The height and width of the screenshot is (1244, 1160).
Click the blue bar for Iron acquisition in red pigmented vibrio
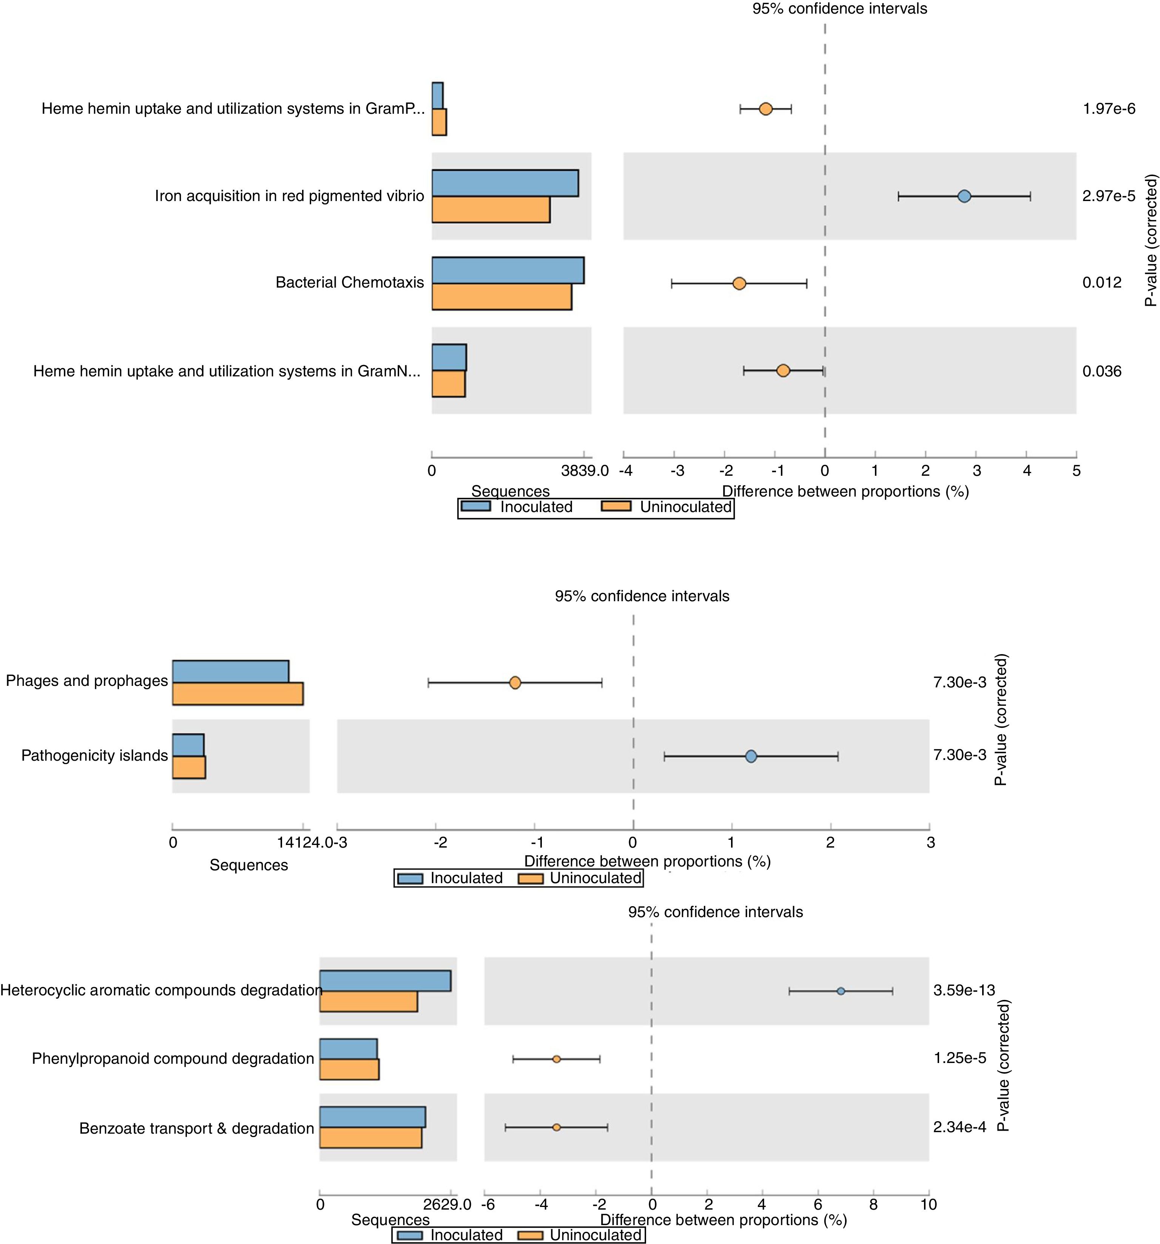(504, 183)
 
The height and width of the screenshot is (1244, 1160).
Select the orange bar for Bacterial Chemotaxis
(501, 297)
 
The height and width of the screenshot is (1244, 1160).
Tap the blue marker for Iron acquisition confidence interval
(964, 197)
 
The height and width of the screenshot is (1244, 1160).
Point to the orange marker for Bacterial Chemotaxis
(739, 283)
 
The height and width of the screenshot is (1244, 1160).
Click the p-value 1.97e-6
(1109, 109)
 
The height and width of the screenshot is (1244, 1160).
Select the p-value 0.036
(1102, 371)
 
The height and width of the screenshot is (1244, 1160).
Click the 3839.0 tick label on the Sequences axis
(585, 470)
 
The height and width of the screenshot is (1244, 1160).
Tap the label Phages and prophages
(87, 681)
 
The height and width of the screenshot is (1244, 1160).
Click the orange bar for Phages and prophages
(238, 693)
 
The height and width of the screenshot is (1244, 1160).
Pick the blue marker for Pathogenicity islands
(751, 757)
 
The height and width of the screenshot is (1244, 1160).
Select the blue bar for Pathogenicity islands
(188, 745)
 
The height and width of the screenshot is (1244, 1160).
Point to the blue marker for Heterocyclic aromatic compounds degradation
(841, 991)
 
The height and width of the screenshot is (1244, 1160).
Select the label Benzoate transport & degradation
(196, 1128)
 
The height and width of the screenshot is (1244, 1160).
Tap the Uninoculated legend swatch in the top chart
(616, 506)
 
